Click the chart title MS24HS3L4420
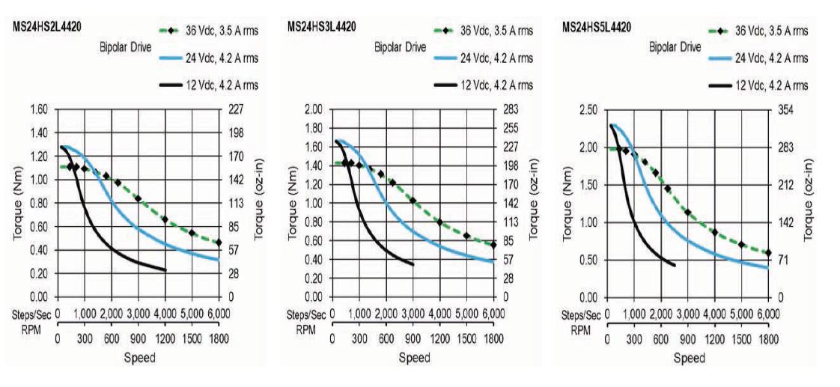click(x=321, y=27)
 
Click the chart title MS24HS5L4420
click(x=596, y=28)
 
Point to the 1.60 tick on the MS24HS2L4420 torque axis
click(x=38, y=109)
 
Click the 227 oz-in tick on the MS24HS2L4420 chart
click(x=237, y=109)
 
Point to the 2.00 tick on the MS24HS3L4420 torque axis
click(x=313, y=109)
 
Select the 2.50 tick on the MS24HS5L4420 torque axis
click(x=588, y=110)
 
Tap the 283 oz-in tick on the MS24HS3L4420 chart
click(x=513, y=109)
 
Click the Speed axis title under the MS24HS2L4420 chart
click(x=140, y=357)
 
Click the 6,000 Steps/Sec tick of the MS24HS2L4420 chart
click(x=219, y=313)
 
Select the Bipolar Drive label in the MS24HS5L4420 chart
click(x=675, y=46)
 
